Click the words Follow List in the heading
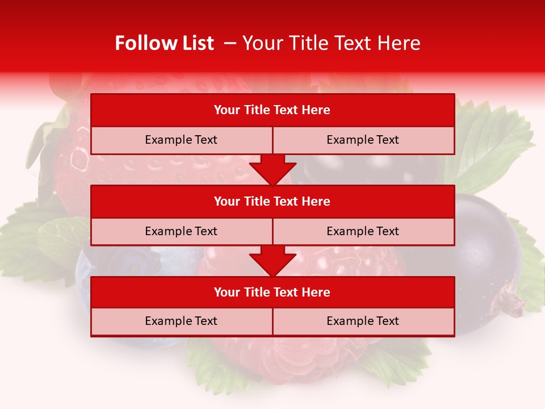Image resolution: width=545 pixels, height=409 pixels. point(164,43)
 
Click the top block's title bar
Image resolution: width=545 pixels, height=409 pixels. point(272,110)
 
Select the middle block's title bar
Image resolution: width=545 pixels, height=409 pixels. point(272,201)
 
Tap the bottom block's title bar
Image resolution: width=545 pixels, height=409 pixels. point(272,292)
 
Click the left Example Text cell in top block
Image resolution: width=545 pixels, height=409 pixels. point(181,140)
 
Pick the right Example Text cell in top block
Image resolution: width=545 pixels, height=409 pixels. point(363,140)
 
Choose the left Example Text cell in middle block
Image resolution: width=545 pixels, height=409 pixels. point(181,231)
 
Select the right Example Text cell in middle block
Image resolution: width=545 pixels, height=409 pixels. point(363,231)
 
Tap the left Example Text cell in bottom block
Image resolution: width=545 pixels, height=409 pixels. point(181,321)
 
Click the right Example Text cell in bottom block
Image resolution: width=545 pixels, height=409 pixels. point(363,321)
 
